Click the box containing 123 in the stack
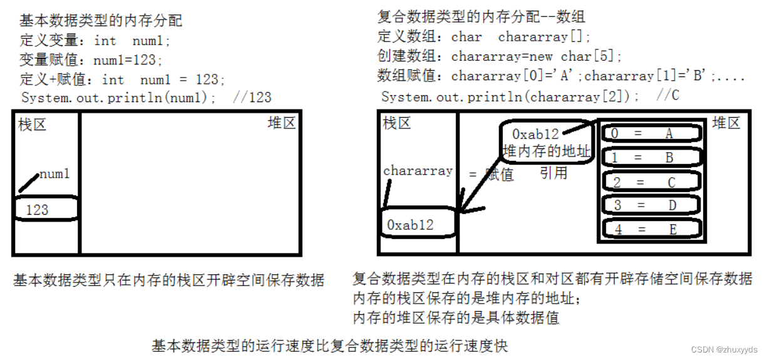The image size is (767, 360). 45,209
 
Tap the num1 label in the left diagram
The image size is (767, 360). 54,174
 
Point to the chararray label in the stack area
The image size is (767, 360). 418,171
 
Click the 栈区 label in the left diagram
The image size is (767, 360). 33,124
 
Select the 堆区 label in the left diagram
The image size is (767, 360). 281,123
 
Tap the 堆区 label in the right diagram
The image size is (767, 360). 726,123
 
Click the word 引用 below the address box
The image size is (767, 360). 553,173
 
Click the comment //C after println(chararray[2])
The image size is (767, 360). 668,96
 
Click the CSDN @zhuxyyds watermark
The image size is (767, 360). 727,349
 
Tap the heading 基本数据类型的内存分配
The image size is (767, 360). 101,21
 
